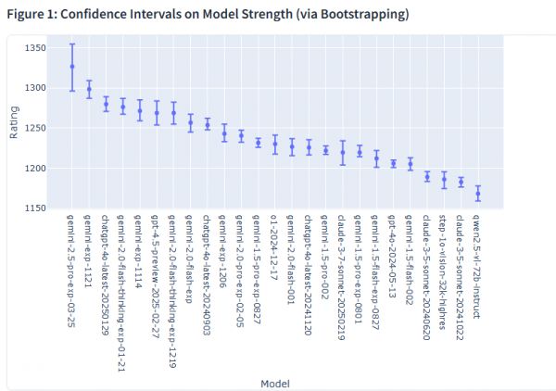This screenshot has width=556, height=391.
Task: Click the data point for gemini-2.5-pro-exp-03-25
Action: (x=72, y=67)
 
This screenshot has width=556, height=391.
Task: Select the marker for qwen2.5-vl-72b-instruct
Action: (x=478, y=193)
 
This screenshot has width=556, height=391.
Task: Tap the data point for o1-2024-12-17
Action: (x=274, y=144)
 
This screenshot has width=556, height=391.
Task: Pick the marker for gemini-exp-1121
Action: (x=89, y=90)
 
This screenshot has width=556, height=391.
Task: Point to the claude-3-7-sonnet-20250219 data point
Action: (x=343, y=152)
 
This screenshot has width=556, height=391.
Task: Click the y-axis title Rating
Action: (x=13, y=124)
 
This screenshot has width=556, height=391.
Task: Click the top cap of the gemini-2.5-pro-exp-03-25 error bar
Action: (x=72, y=44)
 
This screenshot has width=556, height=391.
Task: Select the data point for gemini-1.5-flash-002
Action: (x=411, y=164)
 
